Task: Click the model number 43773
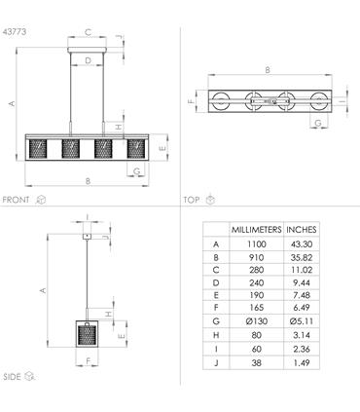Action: click(x=15, y=32)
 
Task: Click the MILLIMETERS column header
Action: click(x=256, y=230)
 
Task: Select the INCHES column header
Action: click(x=302, y=230)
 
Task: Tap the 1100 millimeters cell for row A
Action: click(x=256, y=244)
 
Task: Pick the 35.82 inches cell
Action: click(x=302, y=257)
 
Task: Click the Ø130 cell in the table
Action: click(x=257, y=321)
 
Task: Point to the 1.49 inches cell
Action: click(x=302, y=362)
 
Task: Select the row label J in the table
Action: click(x=216, y=362)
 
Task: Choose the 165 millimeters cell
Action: click(x=256, y=308)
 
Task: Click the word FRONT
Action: click(x=16, y=200)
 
